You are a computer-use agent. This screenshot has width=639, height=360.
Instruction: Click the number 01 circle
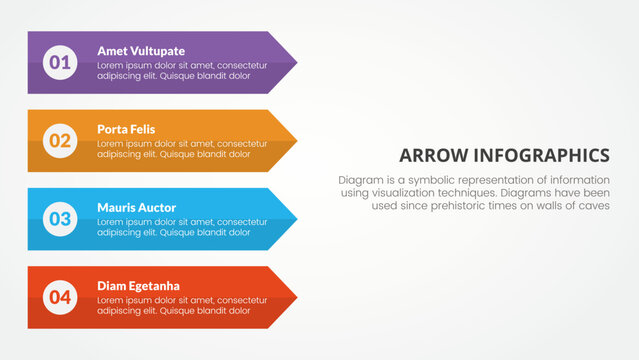pyautogui.click(x=60, y=62)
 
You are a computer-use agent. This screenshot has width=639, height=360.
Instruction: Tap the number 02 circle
pyautogui.click(x=60, y=140)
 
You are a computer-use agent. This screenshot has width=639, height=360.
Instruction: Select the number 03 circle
pyautogui.click(x=60, y=218)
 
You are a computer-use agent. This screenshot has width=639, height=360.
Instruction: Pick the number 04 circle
pyautogui.click(x=60, y=297)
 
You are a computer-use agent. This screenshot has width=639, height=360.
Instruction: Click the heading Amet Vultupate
pyautogui.click(x=141, y=50)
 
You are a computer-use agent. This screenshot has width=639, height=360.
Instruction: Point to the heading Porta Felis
pyautogui.click(x=126, y=129)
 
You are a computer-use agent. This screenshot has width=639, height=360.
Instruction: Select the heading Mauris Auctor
pyautogui.click(x=136, y=207)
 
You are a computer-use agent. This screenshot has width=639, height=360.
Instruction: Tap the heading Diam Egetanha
pyautogui.click(x=139, y=285)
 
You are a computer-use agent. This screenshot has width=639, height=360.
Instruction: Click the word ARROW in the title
pyautogui.click(x=434, y=155)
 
